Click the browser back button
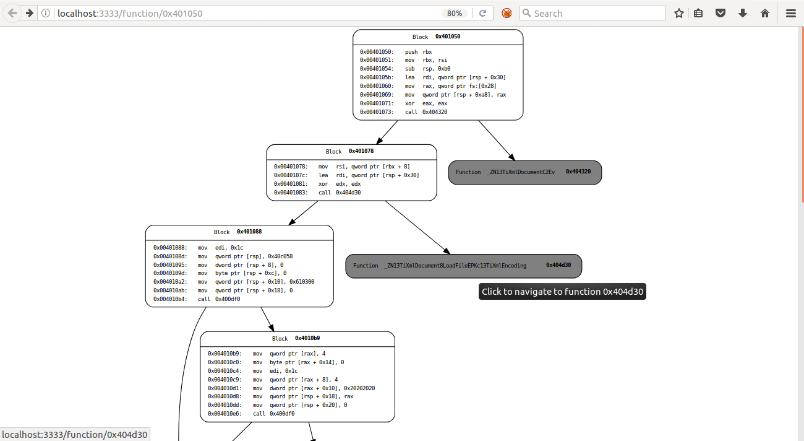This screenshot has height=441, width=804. [12, 13]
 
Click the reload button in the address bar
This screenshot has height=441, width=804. [482, 13]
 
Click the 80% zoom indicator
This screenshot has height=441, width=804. [455, 14]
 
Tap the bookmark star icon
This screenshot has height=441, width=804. [678, 13]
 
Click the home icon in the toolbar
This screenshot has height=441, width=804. [764, 13]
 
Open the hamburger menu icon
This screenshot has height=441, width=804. [790, 13]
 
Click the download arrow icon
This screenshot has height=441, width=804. [743, 13]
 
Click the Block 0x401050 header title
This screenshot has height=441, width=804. [437, 37]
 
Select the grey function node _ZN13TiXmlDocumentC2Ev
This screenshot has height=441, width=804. [524, 172]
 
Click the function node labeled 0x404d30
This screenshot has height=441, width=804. [463, 266]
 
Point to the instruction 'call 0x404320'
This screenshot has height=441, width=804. [426, 112]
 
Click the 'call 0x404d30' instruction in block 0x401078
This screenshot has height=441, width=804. [340, 193]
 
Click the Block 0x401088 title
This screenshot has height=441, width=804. [238, 232]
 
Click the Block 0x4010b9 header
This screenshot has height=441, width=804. [296, 339]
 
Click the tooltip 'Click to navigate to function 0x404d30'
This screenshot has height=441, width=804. [562, 292]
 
